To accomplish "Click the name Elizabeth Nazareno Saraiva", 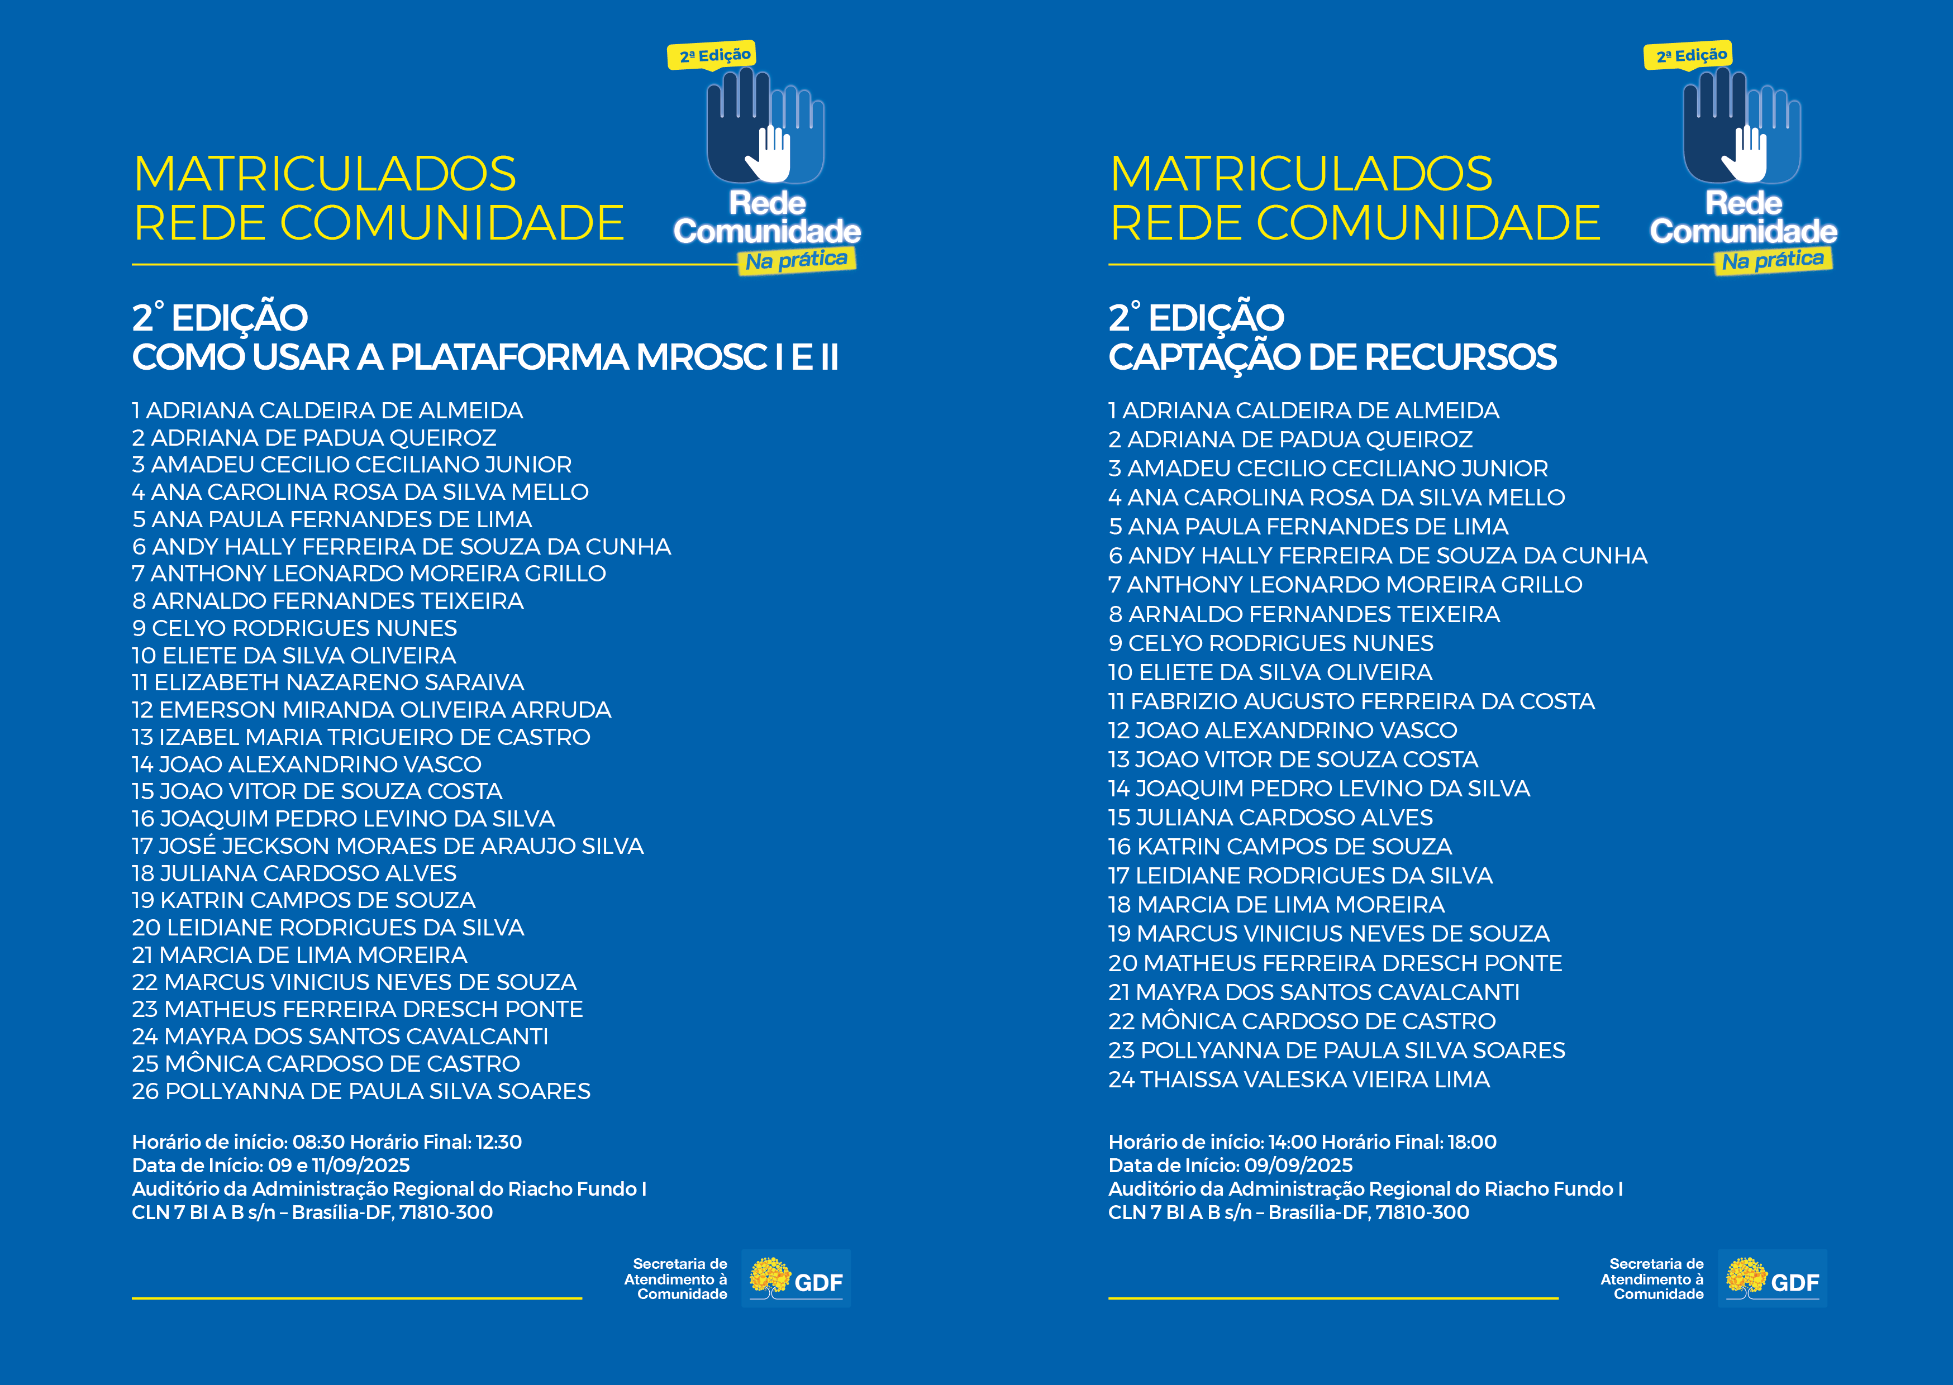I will (339, 683).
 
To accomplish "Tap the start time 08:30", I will (319, 1142).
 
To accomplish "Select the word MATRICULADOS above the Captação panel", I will (1301, 174).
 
